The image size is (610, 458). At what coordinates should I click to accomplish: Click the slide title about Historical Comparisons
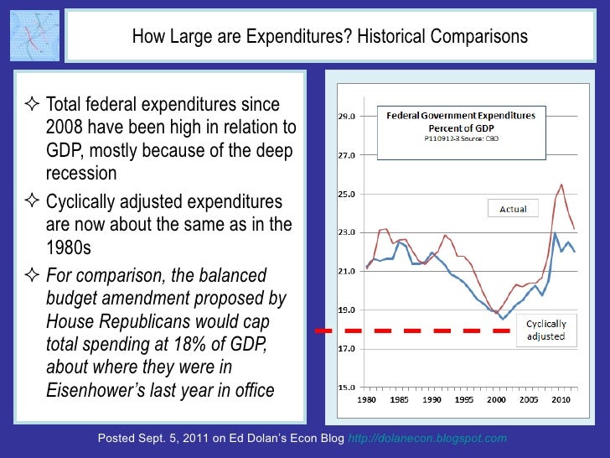pyautogui.click(x=329, y=37)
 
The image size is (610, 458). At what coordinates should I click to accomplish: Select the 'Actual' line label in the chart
pyautogui.click(x=513, y=209)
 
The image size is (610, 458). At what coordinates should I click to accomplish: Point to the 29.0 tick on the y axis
pyautogui.click(x=345, y=117)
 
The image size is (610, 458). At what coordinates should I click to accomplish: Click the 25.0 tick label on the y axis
pyautogui.click(x=345, y=194)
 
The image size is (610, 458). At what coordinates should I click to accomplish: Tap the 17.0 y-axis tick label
pyautogui.click(x=345, y=348)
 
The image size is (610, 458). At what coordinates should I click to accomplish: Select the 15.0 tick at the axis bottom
pyautogui.click(x=345, y=388)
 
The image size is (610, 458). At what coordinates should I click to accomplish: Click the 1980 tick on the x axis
pyautogui.click(x=367, y=400)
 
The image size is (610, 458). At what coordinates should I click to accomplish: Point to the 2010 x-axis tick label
pyautogui.click(x=561, y=400)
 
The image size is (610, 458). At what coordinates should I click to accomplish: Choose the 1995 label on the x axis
pyautogui.click(x=463, y=400)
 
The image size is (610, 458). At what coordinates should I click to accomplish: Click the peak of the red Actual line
pyautogui.click(x=561, y=185)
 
